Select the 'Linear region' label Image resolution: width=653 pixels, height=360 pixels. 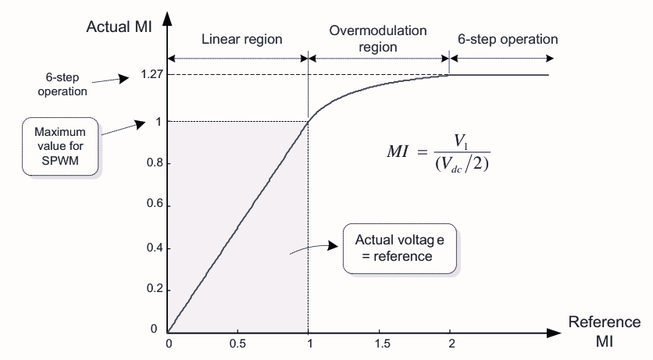tap(241, 39)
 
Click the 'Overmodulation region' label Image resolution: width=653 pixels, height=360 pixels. tap(378, 39)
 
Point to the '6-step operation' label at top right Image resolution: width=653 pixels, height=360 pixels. tap(508, 39)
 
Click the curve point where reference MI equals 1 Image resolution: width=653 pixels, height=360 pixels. tap(309, 120)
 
